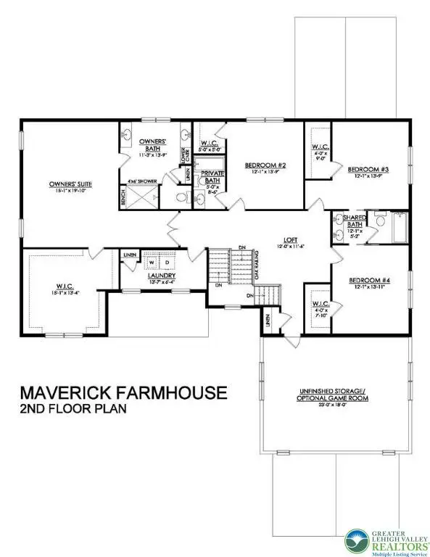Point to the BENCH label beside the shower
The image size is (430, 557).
click(123, 197)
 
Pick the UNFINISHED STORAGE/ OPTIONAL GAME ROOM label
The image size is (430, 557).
click(331, 395)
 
